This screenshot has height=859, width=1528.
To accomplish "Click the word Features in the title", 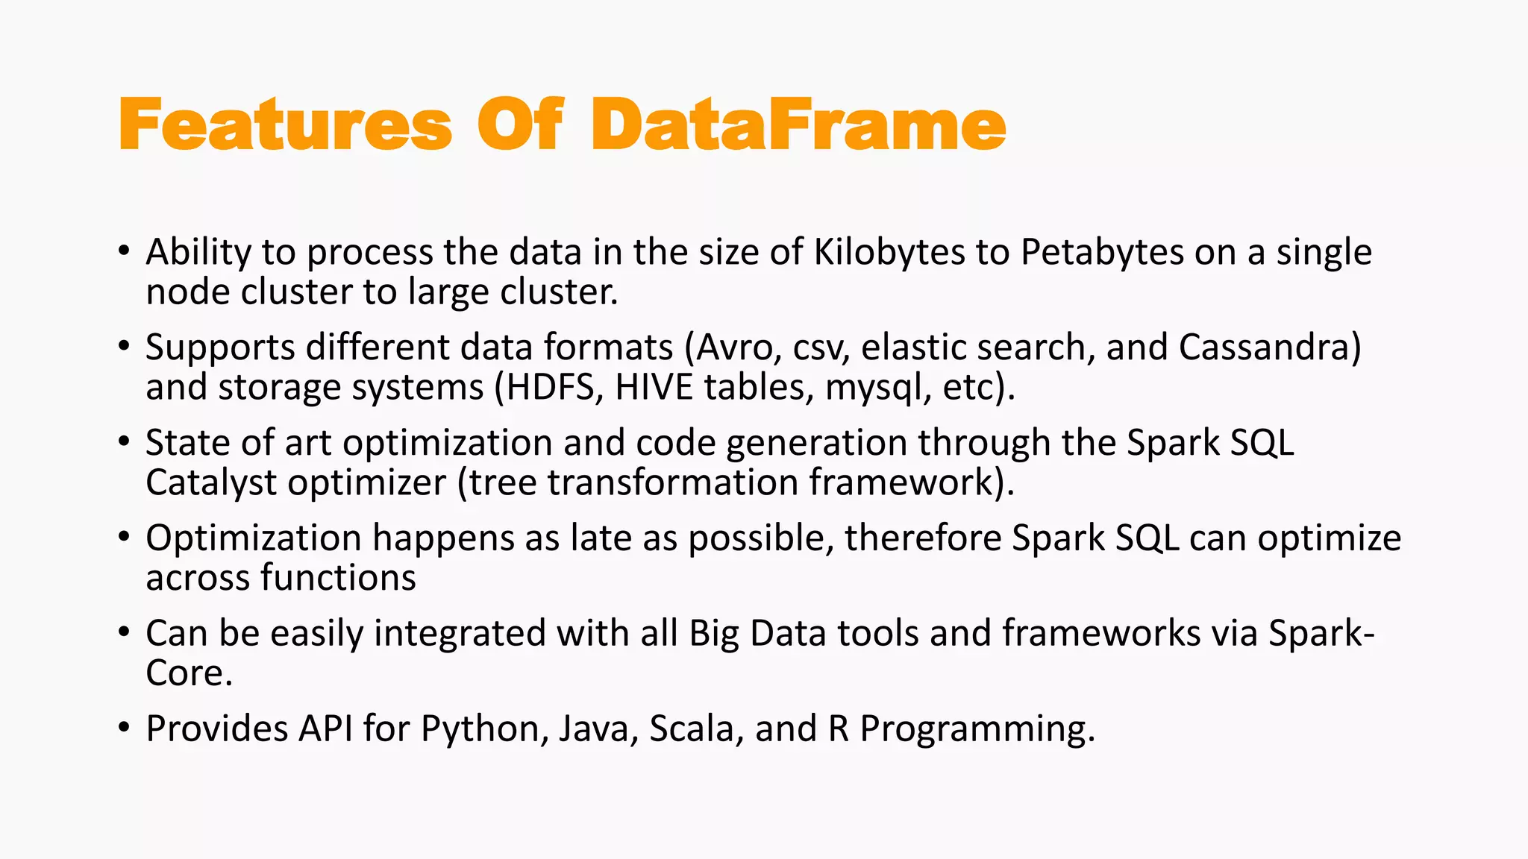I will coord(285,125).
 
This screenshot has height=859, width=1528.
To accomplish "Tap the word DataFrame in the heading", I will coord(798,125).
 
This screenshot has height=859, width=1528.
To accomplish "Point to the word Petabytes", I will coord(1102,252).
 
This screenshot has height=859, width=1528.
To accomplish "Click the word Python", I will coord(480,729).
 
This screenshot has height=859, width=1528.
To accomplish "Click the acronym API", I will coord(325,729).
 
